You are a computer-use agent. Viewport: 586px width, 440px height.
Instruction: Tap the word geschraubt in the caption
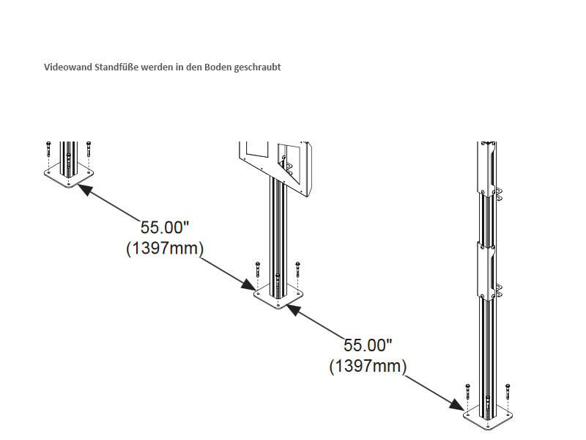pyautogui.click(x=259, y=67)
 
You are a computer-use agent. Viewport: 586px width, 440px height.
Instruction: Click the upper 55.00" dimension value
pyautogui.click(x=166, y=228)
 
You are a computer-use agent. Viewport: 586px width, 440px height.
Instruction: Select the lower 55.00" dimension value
pyautogui.click(x=368, y=345)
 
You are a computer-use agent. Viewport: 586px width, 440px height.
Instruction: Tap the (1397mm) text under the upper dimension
pyautogui.click(x=165, y=249)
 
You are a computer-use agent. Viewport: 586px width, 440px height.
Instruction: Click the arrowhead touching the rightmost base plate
pyautogui.click(x=457, y=403)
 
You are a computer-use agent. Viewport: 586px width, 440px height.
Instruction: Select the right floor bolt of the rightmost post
pyautogui.click(x=507, y=390)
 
